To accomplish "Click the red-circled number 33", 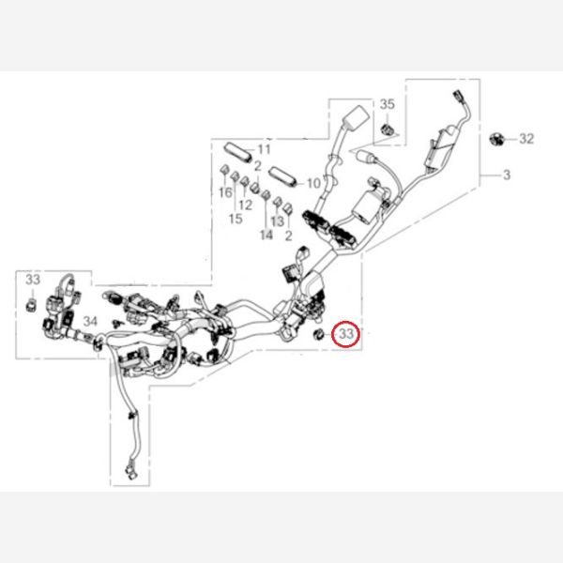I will point(347,333).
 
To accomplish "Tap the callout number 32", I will point(526,139).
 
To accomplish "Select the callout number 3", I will point(507,175).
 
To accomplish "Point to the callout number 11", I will point(263,149).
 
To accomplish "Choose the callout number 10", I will point(313,183).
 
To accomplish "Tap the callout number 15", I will point(236,219).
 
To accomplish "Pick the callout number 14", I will point(266,235).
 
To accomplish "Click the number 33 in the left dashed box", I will point(33,281).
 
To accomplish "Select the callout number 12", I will point(246,205).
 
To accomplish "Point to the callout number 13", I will point(277,221).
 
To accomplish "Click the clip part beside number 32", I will point(496,139).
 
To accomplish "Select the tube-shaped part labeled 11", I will point(238,150).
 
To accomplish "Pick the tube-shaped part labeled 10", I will point(283,175).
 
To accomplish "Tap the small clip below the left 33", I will point(32,305).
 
